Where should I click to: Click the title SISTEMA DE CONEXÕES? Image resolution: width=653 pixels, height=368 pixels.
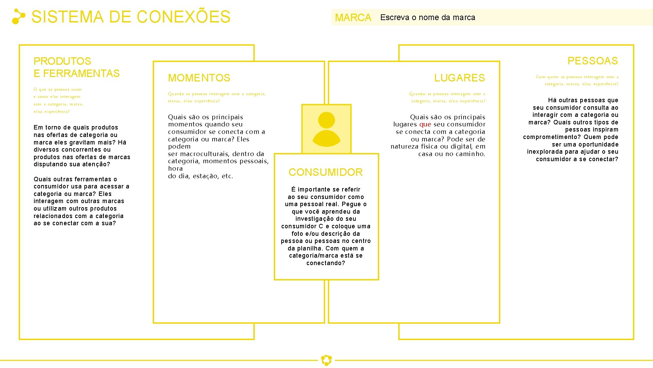pos(131,17)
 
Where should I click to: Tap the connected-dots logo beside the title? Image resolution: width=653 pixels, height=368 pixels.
pos(18,17)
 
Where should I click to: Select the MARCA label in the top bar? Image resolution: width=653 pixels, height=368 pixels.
pos(353,18)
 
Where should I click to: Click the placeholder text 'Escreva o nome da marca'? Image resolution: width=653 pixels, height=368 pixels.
pos(428,17)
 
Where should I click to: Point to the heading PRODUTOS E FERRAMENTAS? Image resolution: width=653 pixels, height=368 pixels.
pos(76,67)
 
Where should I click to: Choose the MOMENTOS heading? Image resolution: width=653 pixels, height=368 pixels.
pos(199,78)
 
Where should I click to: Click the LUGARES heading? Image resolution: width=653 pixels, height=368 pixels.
pos(459,78)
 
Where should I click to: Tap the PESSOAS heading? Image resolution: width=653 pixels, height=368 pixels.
pos(592,61)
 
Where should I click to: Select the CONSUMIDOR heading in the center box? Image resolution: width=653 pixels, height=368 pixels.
pos(325,172)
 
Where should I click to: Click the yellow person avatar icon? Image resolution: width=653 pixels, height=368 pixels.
pos(326,129)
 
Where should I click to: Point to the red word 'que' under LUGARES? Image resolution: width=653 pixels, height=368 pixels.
pos(425,124)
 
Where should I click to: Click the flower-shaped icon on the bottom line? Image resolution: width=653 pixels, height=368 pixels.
pos(326,360)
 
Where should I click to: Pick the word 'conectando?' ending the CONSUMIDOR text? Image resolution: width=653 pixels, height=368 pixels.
pos(325,263)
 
